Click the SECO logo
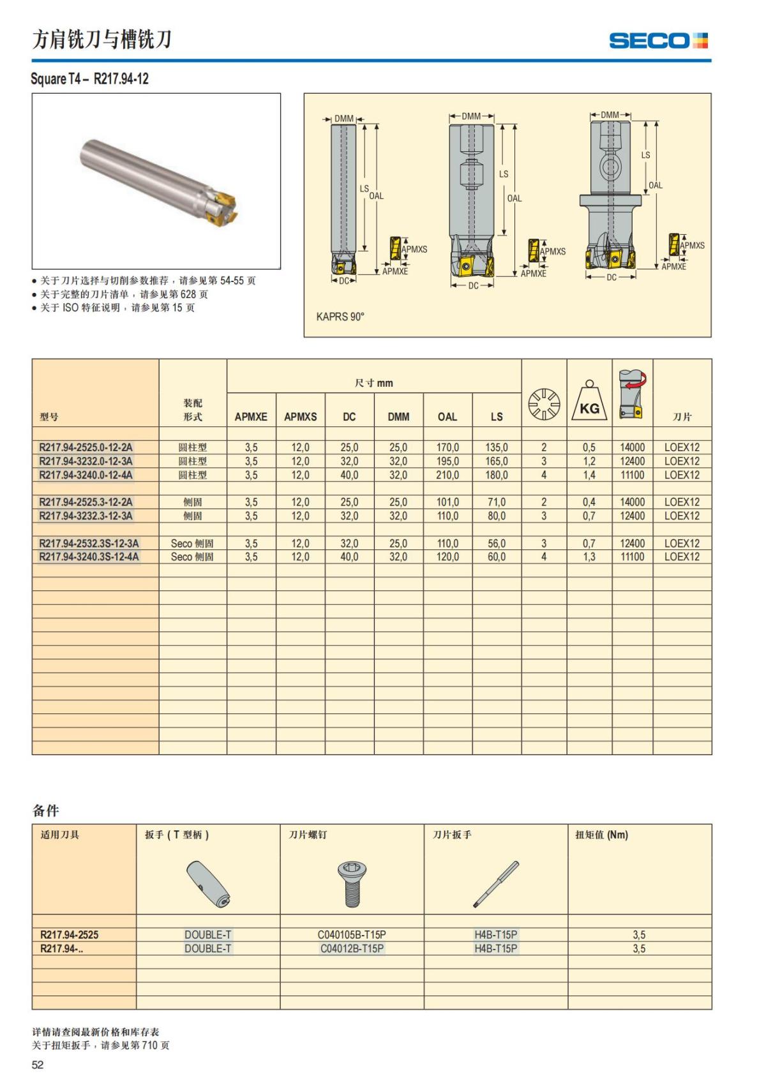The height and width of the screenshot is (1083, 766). coord(658,41)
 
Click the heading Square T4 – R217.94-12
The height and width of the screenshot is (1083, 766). coord(90,79)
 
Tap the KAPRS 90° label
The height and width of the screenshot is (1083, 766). coord(340,317)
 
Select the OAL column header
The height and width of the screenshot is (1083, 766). coord(447,417)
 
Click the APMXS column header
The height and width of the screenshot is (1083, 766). coord(300,417)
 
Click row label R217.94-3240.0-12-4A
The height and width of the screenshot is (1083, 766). coord(86,475)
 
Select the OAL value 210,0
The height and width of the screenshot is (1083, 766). coord(447,475)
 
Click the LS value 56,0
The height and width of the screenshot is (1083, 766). coord(497,543)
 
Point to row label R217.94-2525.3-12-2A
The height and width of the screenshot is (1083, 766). coord(86,502)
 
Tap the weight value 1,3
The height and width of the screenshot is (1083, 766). coord(589,557)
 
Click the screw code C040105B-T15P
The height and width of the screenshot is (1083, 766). coord(352,934)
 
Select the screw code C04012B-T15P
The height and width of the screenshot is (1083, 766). coord(352,948)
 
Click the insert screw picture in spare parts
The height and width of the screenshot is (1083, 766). coord(351,883)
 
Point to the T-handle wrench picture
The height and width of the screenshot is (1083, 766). coord(208,884)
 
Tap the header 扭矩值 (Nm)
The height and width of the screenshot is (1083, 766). coord(601,835)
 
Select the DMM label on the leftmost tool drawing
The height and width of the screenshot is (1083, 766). coord(343,119)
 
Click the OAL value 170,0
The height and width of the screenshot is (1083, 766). coord(447,447)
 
